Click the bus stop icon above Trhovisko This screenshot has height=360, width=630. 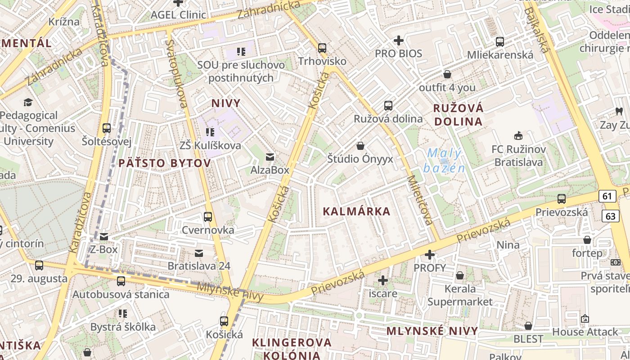(x=322, y=48)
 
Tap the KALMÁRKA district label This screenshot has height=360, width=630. (x=356, y=211)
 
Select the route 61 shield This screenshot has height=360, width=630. (x=607, y=196)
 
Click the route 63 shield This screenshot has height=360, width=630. (x=610, y=216)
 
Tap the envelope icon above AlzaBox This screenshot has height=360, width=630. (x=270, y=157)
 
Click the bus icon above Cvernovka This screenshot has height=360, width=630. (x=208, y=217)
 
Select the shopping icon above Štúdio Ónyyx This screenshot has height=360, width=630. (x=360, y=146)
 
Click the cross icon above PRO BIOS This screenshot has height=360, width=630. (x=398, y=40)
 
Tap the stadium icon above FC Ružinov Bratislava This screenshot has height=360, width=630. (x=518, y=135)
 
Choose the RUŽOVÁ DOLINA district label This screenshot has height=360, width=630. (x=458, y=115)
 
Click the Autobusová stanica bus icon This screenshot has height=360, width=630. (x=121, y=281)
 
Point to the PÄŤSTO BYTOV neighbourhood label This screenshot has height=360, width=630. (x=164, y=163)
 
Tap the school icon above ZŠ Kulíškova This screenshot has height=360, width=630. (x=210, y=132)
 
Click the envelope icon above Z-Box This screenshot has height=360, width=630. (x=104, y=236)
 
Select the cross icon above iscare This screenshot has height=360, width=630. (x=382, y=280)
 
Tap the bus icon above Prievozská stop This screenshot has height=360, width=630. (x=561, y=199)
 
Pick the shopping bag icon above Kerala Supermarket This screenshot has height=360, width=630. (x=460, y=275)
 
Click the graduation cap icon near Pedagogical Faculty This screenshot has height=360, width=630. (x=28, y=102)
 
